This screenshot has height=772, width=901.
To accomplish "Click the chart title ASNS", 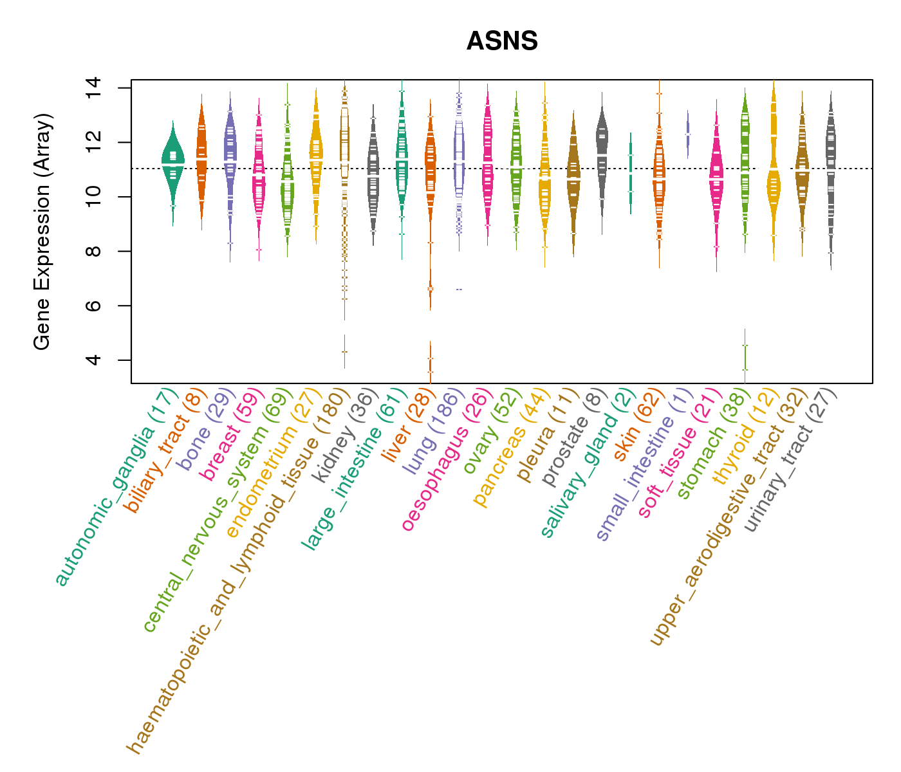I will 502,41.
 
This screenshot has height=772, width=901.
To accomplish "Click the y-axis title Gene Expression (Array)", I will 42,232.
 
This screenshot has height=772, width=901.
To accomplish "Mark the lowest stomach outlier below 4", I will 745,369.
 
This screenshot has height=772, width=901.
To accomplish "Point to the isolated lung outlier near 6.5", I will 459,289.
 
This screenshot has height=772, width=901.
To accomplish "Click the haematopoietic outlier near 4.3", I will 344,351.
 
